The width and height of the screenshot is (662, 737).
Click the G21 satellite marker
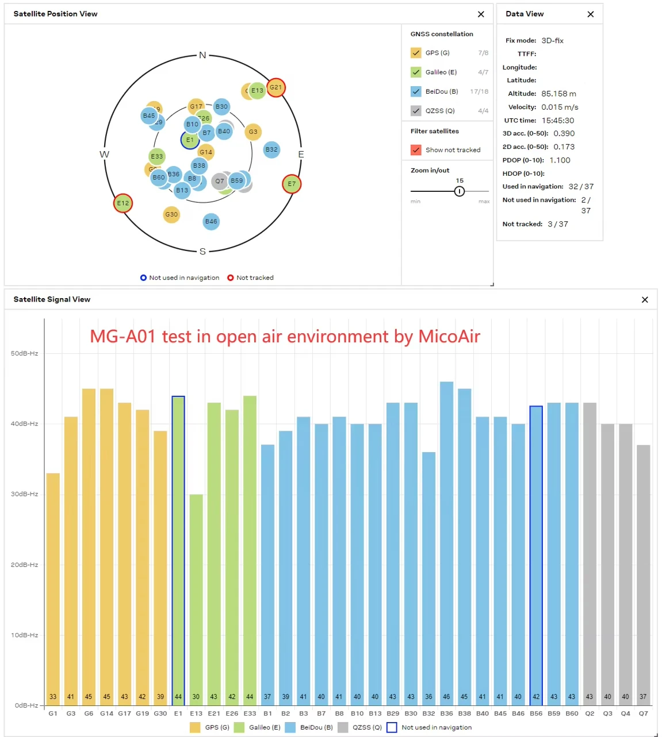point(276,87)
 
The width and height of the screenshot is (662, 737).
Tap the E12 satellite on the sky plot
point(123,203)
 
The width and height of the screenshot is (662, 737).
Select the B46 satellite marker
point(211,222)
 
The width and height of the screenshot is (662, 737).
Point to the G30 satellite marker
point(171,214)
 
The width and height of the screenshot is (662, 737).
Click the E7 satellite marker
point(292,184)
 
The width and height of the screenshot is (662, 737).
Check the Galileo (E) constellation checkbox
point(416,72)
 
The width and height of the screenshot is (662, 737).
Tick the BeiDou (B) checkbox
point(416,91)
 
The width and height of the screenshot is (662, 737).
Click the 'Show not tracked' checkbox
point(416,150)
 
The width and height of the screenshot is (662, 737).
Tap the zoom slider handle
point(460,191)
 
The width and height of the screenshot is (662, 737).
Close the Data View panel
point(590,14)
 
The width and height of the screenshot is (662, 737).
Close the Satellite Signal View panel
point(645,300)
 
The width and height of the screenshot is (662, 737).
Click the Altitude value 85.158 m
point(558,94)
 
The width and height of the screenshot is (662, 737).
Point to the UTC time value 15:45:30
point(557,121)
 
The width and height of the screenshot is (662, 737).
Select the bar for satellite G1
point(53,586)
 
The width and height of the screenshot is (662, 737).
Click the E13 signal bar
point(196,597)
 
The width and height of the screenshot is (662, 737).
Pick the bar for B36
point(446,540)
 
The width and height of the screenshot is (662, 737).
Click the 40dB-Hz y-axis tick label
point(25,424)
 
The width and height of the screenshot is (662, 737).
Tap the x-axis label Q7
point(643,713)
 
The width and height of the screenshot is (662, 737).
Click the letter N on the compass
point(202,55)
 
